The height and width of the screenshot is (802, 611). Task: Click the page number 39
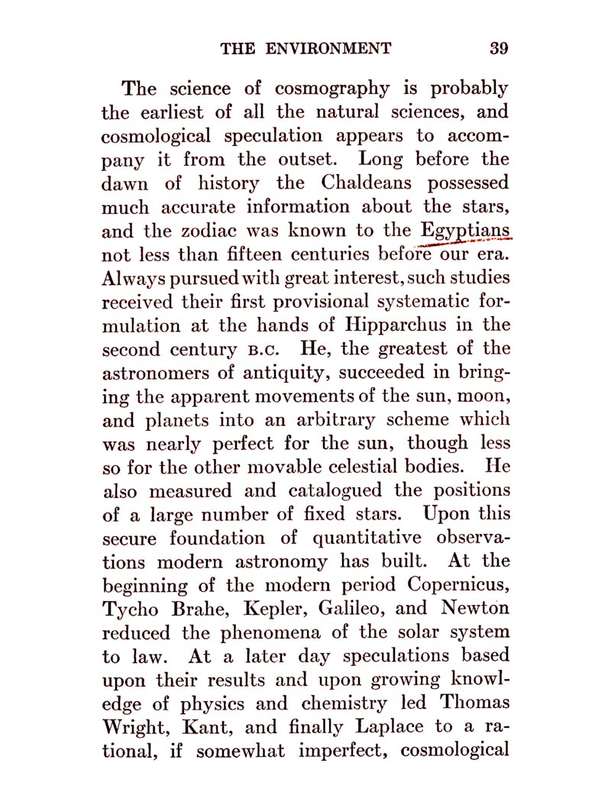click(x=499, y=49)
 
